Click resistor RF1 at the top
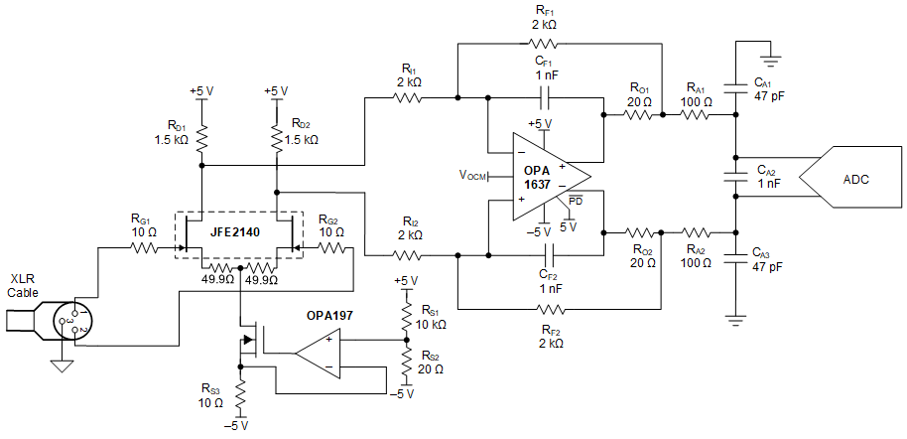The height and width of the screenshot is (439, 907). pos(544,44)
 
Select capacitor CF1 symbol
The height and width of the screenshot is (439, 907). pos(544,98)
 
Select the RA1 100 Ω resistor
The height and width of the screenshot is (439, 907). pos(695,115)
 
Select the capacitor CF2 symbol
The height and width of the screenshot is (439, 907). pos(544,254)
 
